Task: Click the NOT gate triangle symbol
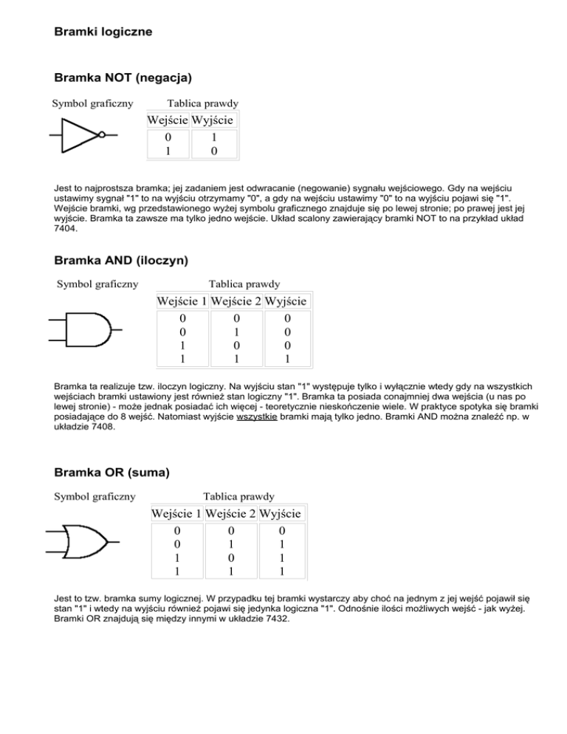(x=80, y=135)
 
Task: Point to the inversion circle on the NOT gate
(x=102, y=135)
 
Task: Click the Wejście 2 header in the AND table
(x=236, y=301)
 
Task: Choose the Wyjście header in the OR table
(x=284, y=512)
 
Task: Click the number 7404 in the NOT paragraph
(x=65, y=230)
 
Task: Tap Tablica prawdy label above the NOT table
(x=193, y=103)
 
